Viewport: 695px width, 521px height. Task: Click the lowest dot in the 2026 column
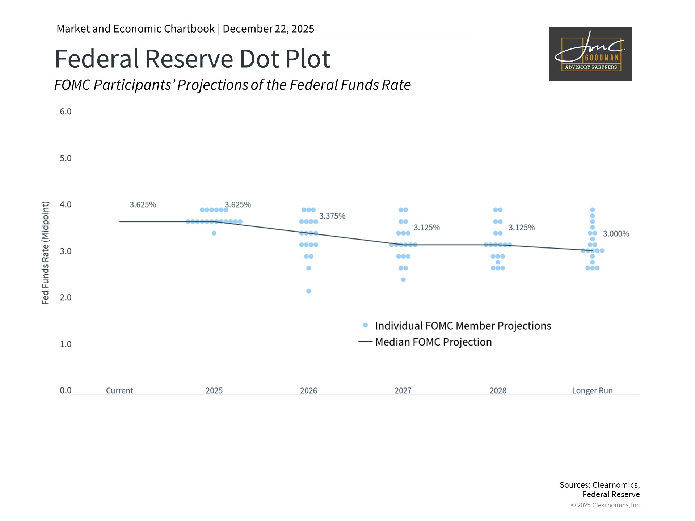click(x=308, y=291)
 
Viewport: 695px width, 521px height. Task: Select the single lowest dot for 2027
click(x=403, y=280)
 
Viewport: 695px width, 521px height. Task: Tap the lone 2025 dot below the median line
click(x=214, y=233)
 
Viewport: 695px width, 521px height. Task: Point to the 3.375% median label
click(x=332, y=216)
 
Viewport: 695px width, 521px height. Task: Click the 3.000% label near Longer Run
click(x=616, y=234)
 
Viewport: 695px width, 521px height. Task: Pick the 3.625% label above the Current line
click(x=143, y=205)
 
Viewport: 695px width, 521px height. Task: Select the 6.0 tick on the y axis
click(x=66, y=111)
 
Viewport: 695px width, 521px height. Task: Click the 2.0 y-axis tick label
click(x=66, y=297)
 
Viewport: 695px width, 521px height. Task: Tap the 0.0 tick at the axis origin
click(x=66, y=390)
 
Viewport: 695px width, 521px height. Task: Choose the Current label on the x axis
click(x=119, y=391)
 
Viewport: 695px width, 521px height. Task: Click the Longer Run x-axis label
click(x=592, y=391)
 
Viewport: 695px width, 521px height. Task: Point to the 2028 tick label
click(x=498, y=391)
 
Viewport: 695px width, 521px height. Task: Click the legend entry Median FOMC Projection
click(x=433, y=342)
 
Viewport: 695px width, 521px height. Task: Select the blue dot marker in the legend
click(x=366, y=325)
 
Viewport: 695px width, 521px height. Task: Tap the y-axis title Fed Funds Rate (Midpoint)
click(x=45, y=253)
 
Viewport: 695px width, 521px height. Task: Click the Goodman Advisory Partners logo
click(x=590, y=54)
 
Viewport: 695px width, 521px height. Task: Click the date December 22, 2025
click(x=268, y=29)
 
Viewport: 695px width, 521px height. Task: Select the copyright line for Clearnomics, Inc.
click(x=606, y=505)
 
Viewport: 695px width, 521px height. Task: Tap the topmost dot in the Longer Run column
click(x=593, y=210)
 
